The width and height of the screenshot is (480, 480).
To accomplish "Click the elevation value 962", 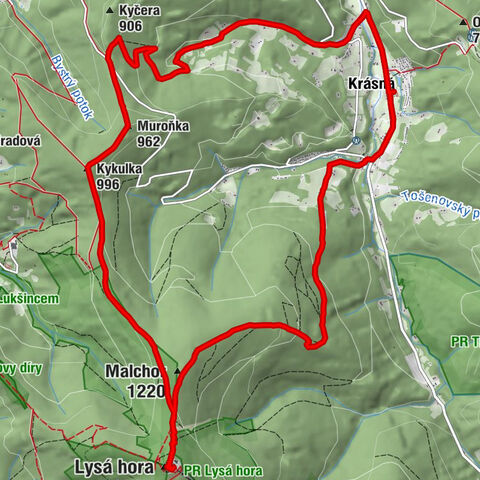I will click(x=149, y=141).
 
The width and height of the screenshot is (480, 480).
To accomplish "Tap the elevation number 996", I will click(x=109, y=184).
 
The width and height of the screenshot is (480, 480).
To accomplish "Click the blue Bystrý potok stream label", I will click(x=75, y=87).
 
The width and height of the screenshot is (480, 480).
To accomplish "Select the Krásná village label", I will click(x=374, y=85).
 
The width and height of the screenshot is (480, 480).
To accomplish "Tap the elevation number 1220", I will click(x=145, y=391).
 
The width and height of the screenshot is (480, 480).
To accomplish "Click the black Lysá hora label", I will click(x=114, y=466).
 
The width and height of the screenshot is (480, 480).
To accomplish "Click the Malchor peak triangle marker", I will click(x=177, y=370).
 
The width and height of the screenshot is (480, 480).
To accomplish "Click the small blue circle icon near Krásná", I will click(x=357, y=142).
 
